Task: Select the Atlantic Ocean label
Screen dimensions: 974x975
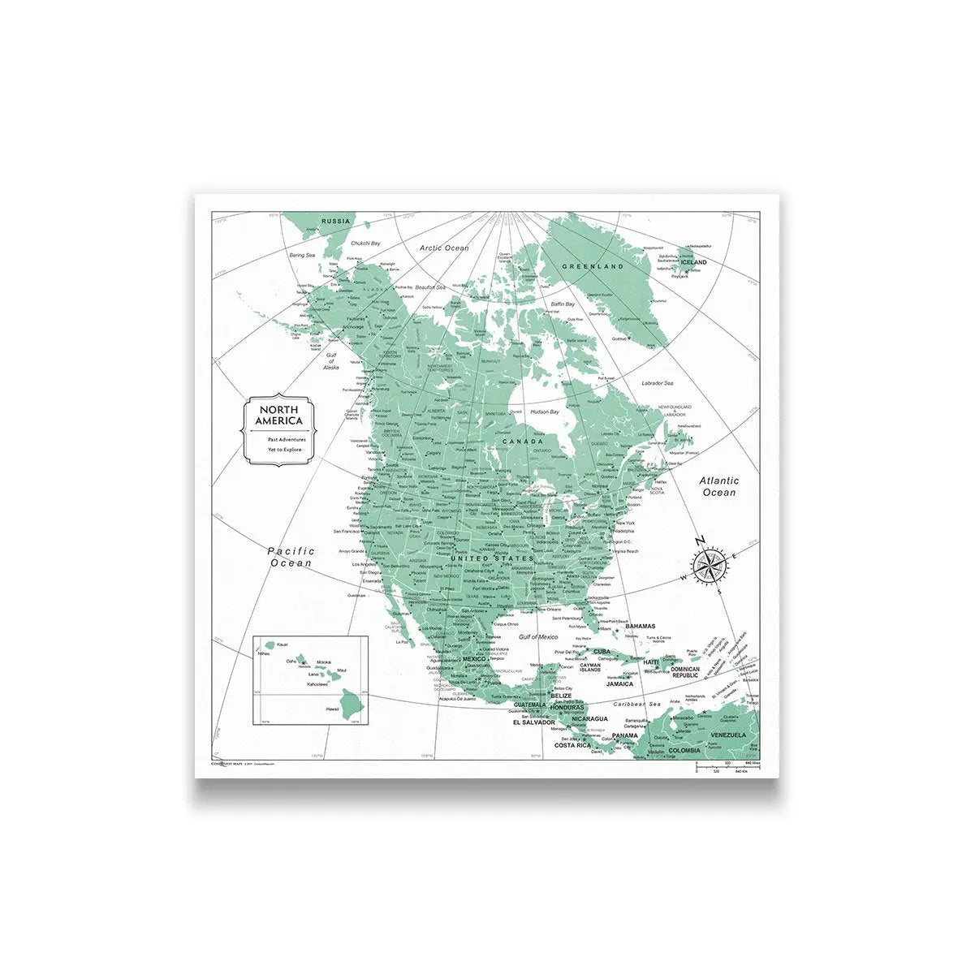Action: pyautogui.click(x=719, y=486)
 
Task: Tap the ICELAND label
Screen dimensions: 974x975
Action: pyautogui.click(x=694, y=262)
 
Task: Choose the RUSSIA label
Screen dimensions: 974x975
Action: pyautogui.click(x=335, y=222)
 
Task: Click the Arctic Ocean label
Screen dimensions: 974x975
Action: pyautogui.click(x=444, y=248)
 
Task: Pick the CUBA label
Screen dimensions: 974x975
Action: pyautogui.click(x=602, y=651)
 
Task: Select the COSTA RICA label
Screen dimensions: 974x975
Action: pyautogui.click(x=572, y=745)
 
